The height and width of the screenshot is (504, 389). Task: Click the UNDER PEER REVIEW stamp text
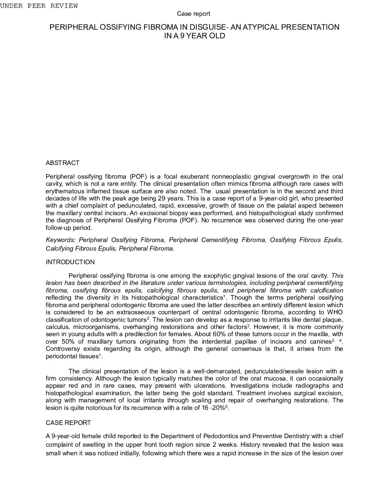39,6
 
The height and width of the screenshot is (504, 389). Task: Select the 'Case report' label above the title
193,14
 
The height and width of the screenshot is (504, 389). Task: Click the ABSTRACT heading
63,163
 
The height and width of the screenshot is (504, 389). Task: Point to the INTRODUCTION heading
70,262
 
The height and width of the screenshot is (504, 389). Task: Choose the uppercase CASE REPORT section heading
68,423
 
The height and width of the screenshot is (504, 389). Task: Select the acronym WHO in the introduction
335,312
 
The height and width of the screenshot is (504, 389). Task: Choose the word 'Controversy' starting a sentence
62,349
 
